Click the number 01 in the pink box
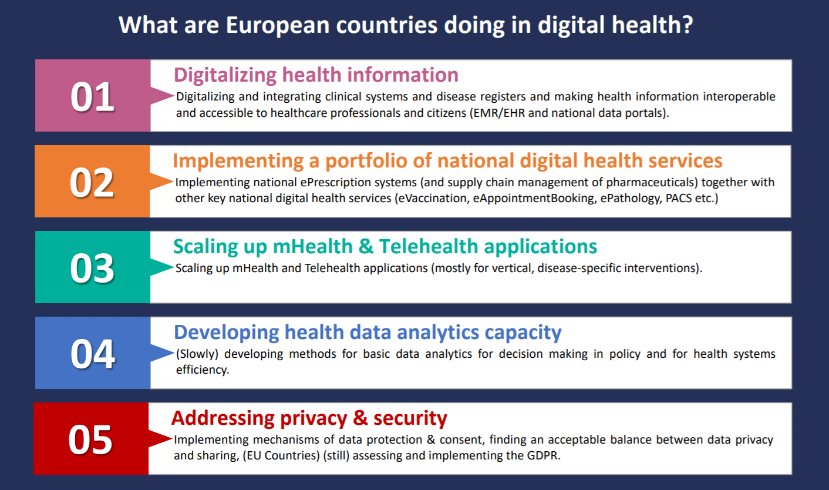(92, 97)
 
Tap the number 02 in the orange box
(92, 183)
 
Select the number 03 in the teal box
(92, 269)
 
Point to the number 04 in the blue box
(93, 354)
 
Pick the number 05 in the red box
(90, 440)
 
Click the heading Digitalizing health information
(316, 75)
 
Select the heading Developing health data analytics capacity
(368, 333)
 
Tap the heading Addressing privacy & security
(309, 418)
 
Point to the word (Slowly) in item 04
(197, 354)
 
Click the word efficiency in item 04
(202, 370)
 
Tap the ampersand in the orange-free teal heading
(365, 247)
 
